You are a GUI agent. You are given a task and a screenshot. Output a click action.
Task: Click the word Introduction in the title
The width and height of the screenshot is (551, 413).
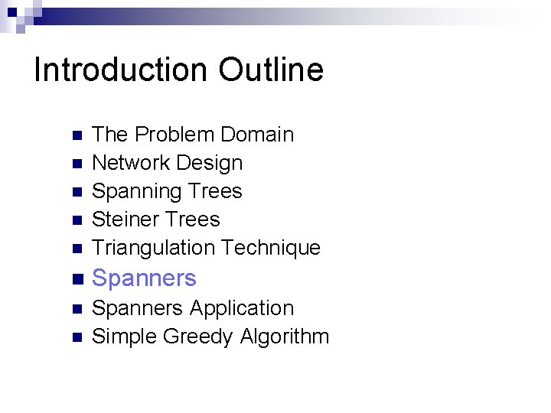122,70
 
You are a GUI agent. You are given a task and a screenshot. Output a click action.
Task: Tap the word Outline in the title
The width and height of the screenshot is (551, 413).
270,70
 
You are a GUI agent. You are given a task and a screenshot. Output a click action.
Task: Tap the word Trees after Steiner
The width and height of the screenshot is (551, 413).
195,220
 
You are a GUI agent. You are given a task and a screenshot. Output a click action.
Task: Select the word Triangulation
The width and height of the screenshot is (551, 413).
153,248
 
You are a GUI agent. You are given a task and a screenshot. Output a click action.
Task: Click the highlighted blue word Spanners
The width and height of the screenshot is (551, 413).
144,278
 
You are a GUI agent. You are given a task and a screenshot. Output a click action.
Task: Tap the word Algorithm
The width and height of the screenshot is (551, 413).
285,337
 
